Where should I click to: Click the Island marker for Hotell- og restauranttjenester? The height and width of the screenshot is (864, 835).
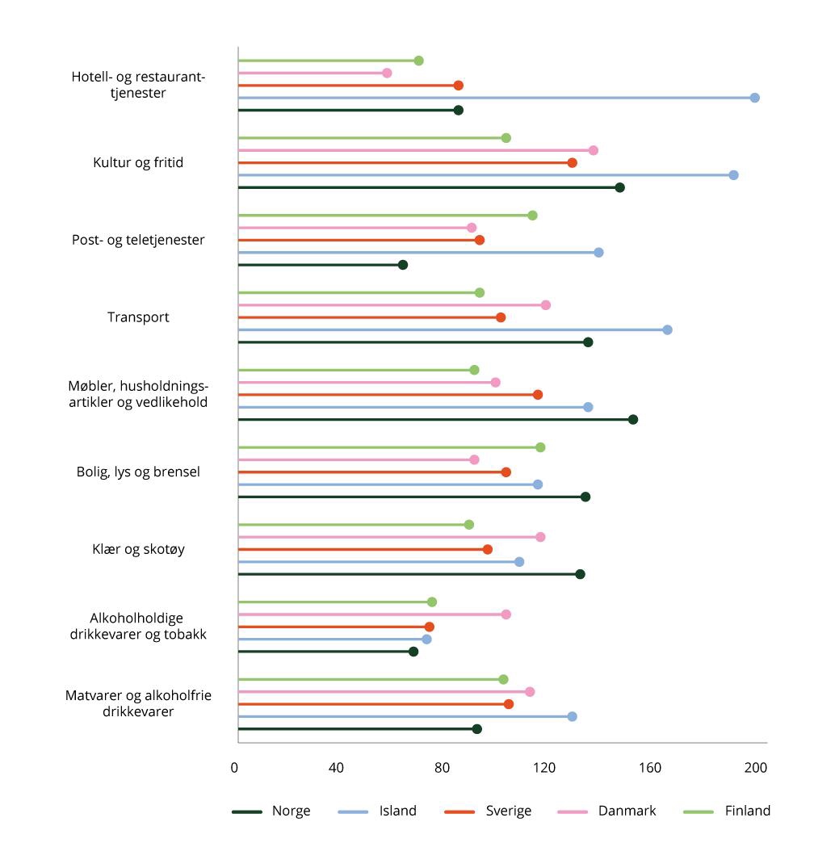754,98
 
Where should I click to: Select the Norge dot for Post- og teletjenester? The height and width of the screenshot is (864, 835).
402,265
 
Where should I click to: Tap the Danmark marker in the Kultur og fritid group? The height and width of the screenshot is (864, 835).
593,150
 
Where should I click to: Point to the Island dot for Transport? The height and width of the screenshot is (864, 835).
667,329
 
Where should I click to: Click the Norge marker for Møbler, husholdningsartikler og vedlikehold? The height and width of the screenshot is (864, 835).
632,419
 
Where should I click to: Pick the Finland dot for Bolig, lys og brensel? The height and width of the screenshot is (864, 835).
540,447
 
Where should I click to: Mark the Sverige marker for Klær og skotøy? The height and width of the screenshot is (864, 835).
487,549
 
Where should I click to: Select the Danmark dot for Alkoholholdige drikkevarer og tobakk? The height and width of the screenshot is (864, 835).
506,614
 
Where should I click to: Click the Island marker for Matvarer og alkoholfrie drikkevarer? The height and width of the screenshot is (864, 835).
572,716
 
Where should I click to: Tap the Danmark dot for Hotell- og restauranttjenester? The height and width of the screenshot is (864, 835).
387,73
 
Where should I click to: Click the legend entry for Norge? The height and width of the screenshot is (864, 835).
271,811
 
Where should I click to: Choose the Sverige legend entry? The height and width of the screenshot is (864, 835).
488,811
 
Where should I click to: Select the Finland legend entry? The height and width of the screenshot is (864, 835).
727,811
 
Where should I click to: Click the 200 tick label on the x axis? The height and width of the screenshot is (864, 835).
756,768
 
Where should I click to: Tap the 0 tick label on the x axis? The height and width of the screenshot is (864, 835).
235,768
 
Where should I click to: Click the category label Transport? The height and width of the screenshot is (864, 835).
138,317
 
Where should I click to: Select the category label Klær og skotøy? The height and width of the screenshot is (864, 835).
138,549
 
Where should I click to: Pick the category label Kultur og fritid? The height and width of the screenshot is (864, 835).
138,162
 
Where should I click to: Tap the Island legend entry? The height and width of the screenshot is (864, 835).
377,811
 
